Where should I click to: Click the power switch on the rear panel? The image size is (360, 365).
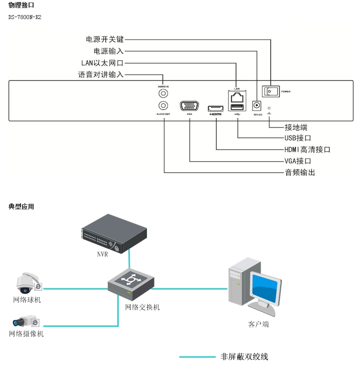[x=271, y=91]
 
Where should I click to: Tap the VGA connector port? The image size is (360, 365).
[x=189, y=107]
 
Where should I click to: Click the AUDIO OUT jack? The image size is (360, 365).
[x=163, y=105]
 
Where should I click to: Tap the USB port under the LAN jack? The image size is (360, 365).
[x=237, y=106]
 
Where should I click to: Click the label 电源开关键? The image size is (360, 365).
[x=104, y=39]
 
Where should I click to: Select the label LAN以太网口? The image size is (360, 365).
[x=102, y=63]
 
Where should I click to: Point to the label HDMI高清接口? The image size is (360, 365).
[x=307, y=150]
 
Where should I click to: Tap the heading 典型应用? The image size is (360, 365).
[x=21, y=206]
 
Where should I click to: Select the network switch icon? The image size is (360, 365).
[x=130, y=284]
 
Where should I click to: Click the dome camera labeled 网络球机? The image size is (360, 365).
[x=25, y=284]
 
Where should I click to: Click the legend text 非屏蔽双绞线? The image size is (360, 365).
[x=244, y=357]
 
